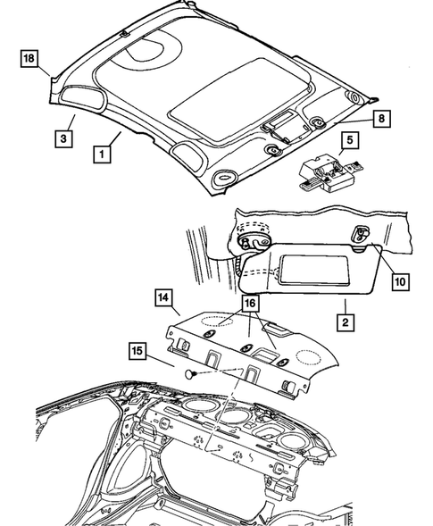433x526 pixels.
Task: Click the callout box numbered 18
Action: pos(29,60)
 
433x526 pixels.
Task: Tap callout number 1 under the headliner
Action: pos(104,153)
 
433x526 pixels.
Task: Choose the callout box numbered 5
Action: pos(349,140)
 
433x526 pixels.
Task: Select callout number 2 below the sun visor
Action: pos(343,318)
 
